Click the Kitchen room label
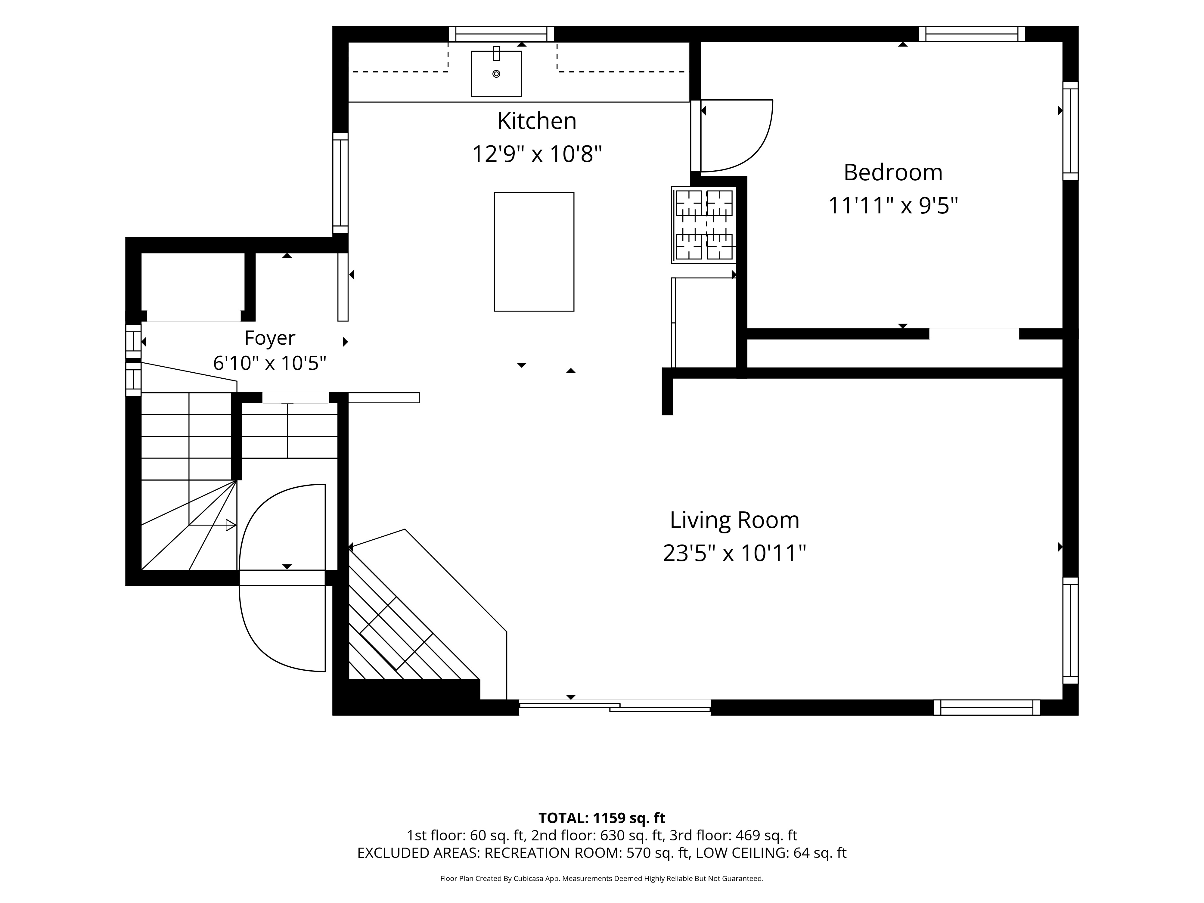[x=537, y=121]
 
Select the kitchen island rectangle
[x=534, y=251]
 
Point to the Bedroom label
[x=893, y=172]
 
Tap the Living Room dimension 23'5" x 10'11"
[x=734, y=554]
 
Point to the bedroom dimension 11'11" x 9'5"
[x=893, y=206]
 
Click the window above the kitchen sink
[x=501, y=34]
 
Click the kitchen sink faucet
[x=496, y=53]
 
